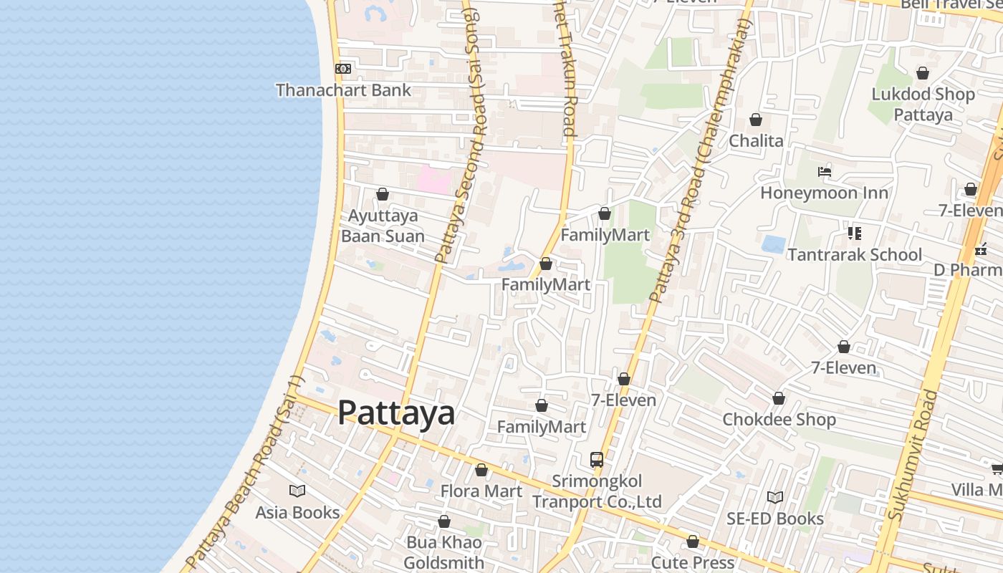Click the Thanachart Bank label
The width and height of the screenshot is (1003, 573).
(x=343, y=90)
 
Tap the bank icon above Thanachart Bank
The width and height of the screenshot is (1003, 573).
(x=343, y=69)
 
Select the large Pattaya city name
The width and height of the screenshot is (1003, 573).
(x=396, y=413)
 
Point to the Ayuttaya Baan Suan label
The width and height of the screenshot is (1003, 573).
(x=383, y=226)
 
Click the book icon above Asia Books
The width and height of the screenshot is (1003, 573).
(x=297, y=491)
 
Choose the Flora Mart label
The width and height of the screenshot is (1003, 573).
(x=481, y=491)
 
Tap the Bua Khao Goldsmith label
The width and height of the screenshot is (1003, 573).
(x=444, y=552)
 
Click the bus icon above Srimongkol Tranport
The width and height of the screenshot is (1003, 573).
(x=596, y=459)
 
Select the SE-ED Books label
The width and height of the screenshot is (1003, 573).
(x=775, y=519)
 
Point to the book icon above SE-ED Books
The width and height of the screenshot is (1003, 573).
(x=774, y=497)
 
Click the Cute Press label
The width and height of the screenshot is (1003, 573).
(x=693, y=563)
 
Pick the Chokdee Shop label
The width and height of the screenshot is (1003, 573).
(x=779, y=420)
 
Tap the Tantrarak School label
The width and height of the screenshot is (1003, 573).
(x=855, y=255)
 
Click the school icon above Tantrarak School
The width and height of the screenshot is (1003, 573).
(x=854, y=233)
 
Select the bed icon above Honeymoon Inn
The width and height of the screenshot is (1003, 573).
(x=825, y=172)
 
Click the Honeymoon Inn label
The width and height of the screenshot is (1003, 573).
(x=824, y=193)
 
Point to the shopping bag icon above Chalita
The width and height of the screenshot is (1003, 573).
(x=756, y=120)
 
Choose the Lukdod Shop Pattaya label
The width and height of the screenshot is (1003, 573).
(x=923, y=105)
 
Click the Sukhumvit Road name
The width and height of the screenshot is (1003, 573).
(x=912, y=454)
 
